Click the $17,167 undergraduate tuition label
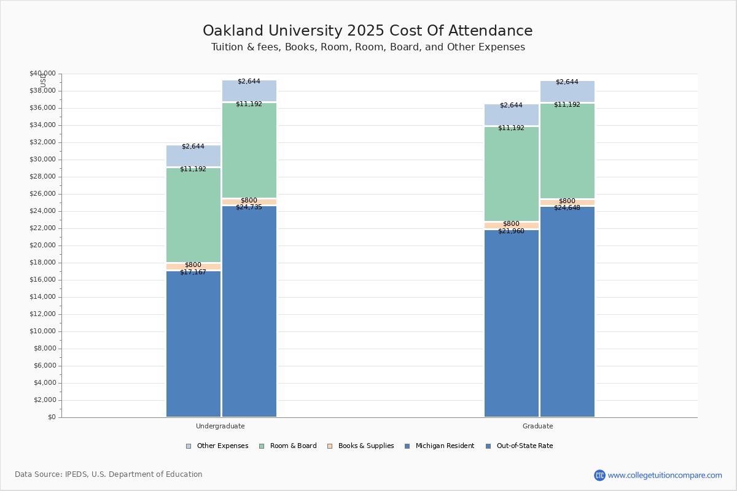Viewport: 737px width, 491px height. pos(193,272)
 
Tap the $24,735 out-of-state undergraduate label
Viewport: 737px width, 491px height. pos(249,207)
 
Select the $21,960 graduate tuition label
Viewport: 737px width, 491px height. pos(511,231)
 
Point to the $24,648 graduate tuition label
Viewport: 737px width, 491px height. pos(567,207)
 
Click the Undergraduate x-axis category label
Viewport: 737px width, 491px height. pos(220,426)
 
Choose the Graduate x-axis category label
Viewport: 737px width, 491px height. pos(537,426)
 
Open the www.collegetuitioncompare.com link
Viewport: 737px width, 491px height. pos(665,475)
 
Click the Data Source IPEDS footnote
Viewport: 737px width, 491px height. pos(108,474)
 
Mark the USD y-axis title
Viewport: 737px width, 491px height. pos(43,80)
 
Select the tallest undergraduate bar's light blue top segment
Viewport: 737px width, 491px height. pos(249,91)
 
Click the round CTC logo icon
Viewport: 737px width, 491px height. pos(599,475)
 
